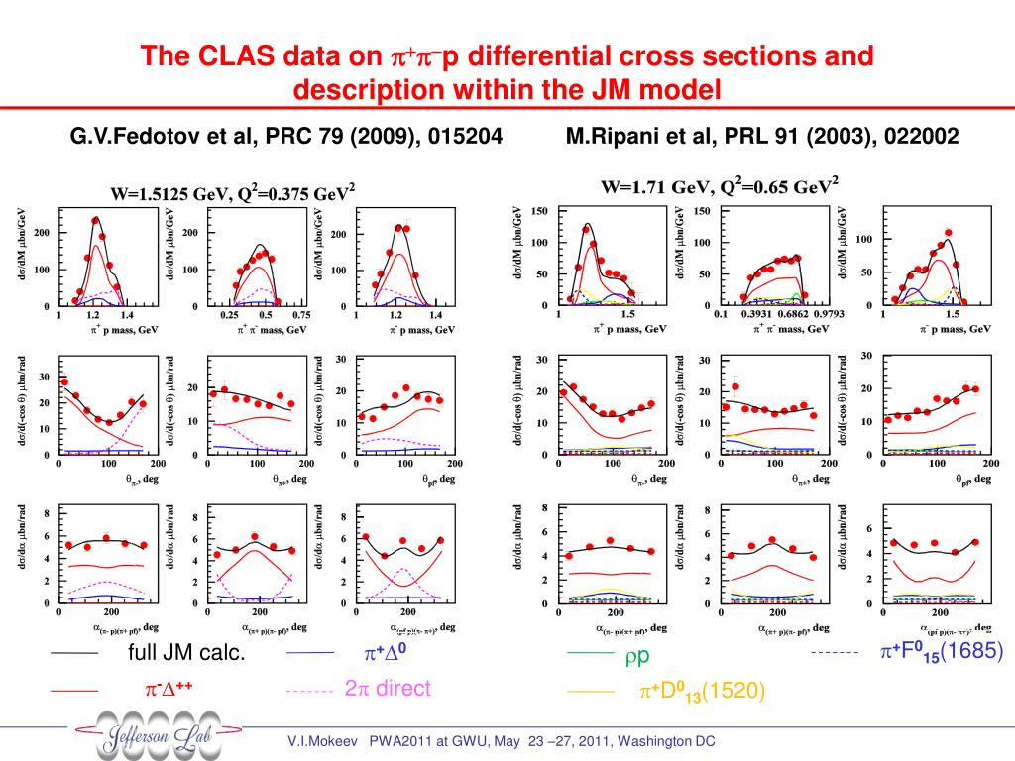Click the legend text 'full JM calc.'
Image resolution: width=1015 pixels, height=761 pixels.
click(186, 655)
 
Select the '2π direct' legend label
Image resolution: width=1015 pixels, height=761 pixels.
click(388, 689)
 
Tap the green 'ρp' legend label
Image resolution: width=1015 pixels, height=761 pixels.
click(636, 657)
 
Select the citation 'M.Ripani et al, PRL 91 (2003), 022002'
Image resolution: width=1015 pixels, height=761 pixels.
click(762, 136)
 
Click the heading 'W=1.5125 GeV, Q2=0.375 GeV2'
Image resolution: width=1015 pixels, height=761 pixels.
click(233, 194)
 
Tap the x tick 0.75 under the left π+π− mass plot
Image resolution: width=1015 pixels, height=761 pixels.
click(301, 315)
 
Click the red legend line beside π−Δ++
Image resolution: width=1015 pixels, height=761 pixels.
click(73, 690)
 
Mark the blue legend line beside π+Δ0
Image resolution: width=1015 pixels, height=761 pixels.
click(310, 654)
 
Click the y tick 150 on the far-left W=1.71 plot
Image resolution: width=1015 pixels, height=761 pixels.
click(539, 211)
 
